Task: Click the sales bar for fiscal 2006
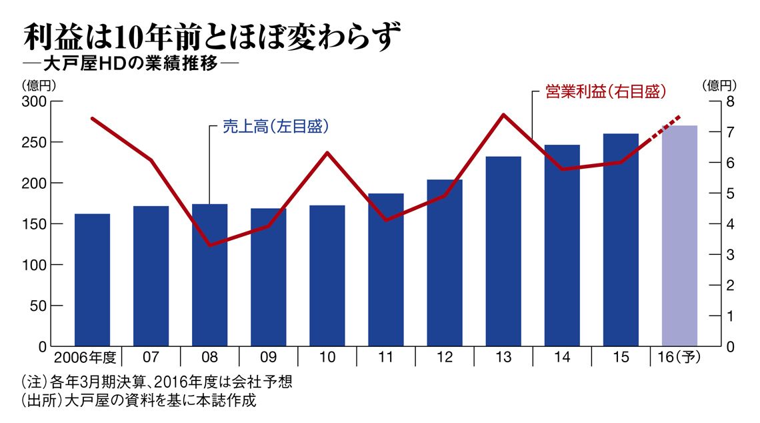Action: coord(92,280)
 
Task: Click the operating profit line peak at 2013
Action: coord(504,115)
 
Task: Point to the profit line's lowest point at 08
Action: coord(210,246)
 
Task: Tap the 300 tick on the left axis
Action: coord(35,101)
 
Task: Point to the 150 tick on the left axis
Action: coord(35,224)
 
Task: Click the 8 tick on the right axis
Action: coord(729,101)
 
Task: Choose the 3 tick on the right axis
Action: coord(729,255)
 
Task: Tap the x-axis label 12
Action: coord(445,357)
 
